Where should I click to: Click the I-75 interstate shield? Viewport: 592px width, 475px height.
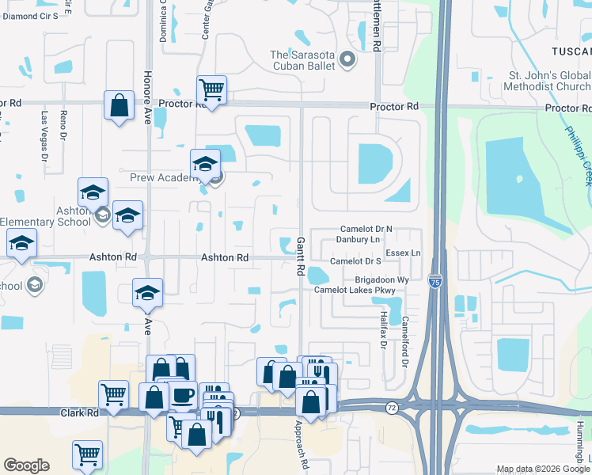(435, 281)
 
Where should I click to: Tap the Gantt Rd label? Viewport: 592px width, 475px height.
(301, 256)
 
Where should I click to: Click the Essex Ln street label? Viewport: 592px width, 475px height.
(404, 253)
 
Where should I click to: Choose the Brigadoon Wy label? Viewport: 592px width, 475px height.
(382, 279)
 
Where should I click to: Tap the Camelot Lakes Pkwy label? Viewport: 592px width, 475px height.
(354, 290)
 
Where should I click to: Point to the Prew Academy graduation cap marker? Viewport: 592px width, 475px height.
(205, 164)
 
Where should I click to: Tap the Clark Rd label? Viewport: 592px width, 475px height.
(80, 412)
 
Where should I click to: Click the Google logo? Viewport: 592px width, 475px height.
(26, 465)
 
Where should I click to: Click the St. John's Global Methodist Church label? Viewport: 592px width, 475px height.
(548, 80)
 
